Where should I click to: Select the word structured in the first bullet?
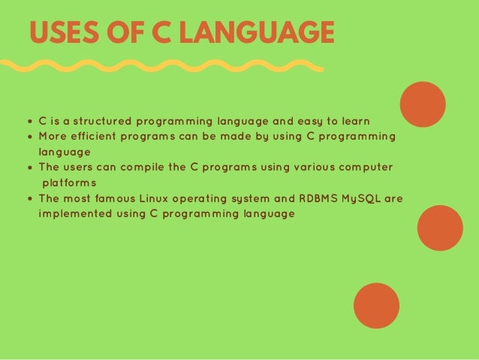click(98, 121)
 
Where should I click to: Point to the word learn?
click(354, 121)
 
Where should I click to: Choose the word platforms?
click(69, 183)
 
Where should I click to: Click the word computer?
click(363, 167)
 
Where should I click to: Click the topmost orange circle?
click(423, 104)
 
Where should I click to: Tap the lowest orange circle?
click(376, 305)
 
